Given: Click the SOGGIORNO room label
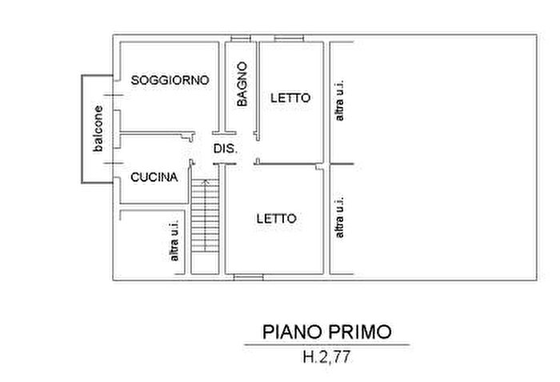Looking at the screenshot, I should pyautogui.click(x=170, y=80).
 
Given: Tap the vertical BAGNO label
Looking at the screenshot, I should pyautogui.click(x=242, y=85).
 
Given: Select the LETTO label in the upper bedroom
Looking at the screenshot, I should pyautogui.click(x=290, y=98).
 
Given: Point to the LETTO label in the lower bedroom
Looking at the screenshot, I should pyautogui.click(x=276, y=218).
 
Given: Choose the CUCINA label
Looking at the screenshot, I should pyautogui.click(x=154, y=178).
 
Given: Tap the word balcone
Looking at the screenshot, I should pyautogui.click(x=97, y=129).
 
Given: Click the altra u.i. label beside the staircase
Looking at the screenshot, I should pyautogui.click(x=174, y=241).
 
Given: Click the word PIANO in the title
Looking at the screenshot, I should pyautogui.click(x=291, y=332).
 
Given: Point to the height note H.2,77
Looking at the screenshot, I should pyautogui.click(x=326, y=357).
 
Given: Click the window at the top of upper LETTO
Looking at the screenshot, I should pyautogui.click(x=289, y=38).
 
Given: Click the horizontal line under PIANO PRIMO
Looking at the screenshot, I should pyautogui.click(x=326, y=344).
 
